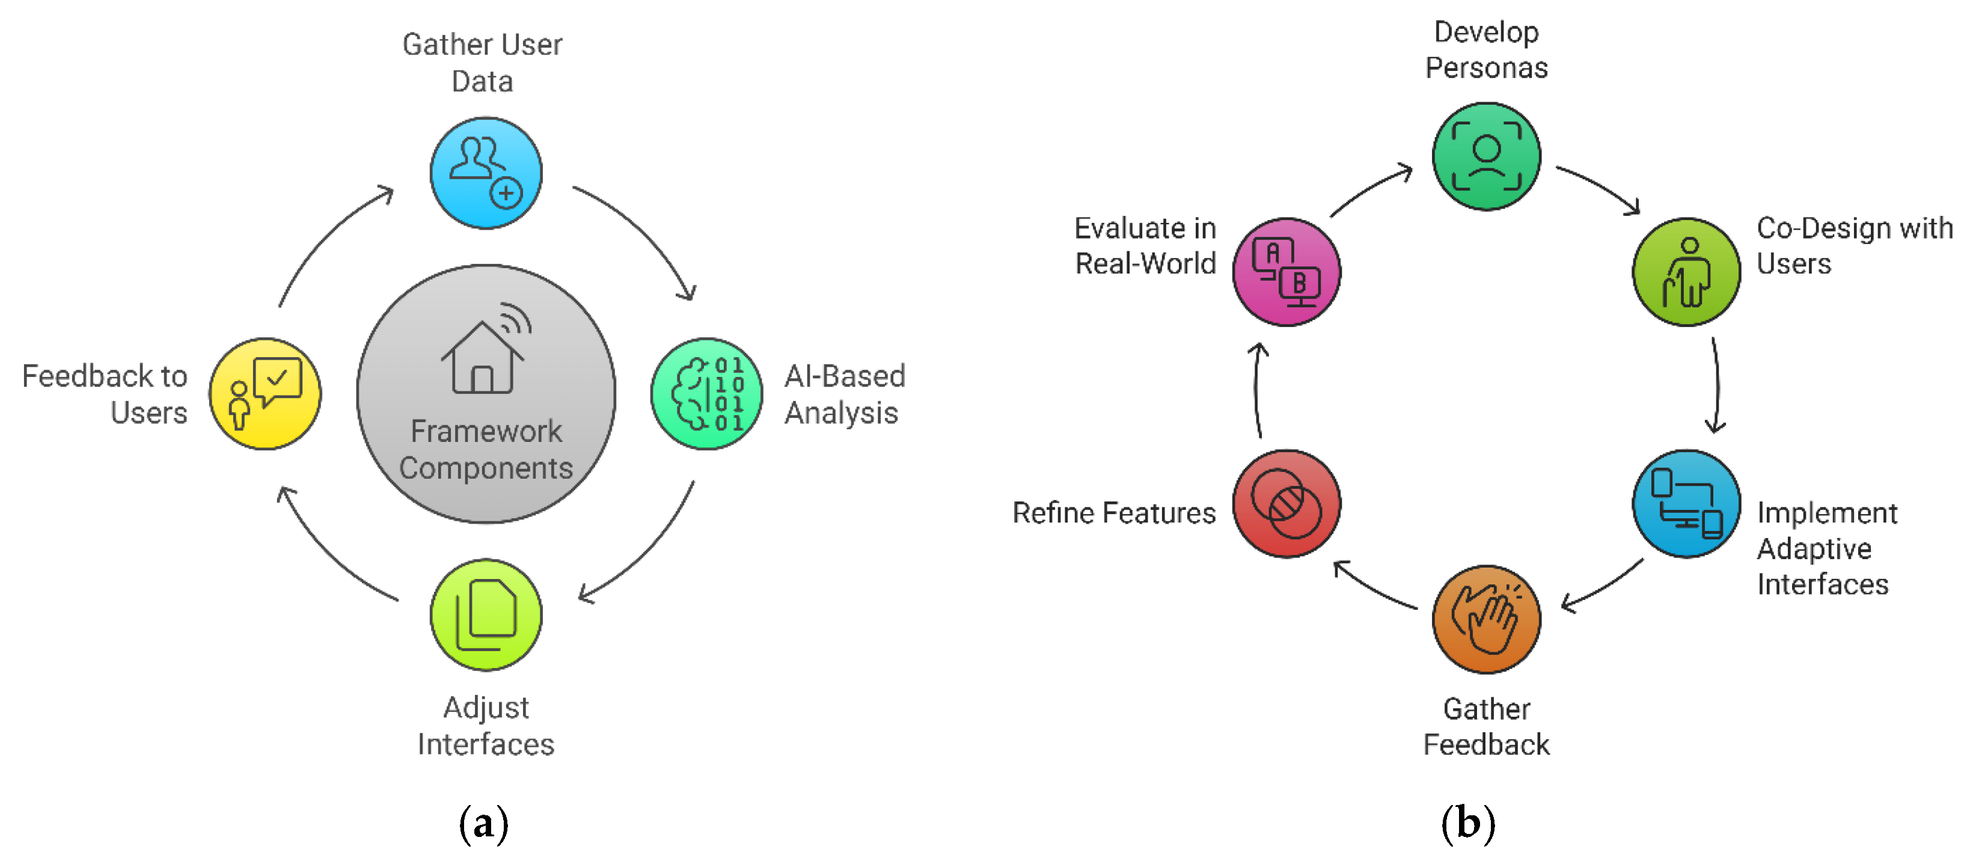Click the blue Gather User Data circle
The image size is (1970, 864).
click(x=486, y=173)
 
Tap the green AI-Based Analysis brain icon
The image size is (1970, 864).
click(x=706, y=394)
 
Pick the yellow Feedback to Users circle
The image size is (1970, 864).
click(x=265, y=394)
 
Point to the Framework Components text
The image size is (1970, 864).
click(x=486, y=450)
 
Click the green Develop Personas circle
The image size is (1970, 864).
click(x=1486, y=156)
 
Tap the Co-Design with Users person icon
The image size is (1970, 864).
click(x=1686, y=272)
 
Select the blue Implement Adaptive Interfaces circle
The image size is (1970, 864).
click(x=1686, y=504)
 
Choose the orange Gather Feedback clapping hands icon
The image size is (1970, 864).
click(x=1486, y=619)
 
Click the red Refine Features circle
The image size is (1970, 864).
click(x=1286, y=504)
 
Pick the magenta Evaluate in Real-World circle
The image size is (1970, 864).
click(x=1286, y=272)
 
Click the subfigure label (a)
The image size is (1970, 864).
click(x=483, y=824)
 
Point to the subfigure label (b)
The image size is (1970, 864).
click(x=1467, y=824)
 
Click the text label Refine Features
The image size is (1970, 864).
click(x=1113, y=513)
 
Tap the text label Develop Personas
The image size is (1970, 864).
click(x=1486, y=50)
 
